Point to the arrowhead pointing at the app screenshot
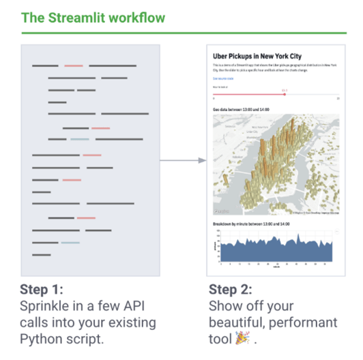(202, 161)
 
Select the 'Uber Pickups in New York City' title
(257, 56)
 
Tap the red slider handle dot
(285, 94)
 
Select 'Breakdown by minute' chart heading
(250, 224)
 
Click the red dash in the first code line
(74, 65)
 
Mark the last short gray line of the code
(41, 255)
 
